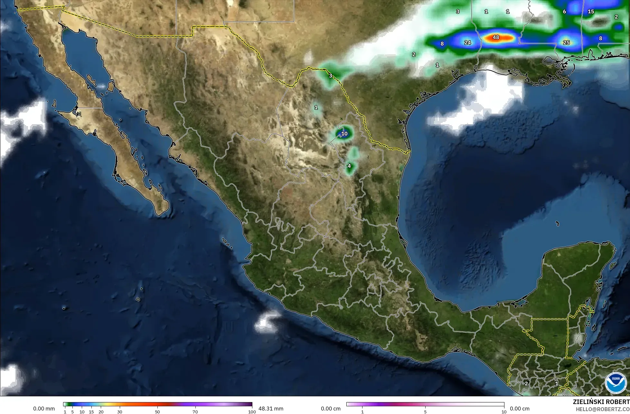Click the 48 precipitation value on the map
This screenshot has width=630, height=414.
496,38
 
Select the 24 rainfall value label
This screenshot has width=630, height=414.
467,42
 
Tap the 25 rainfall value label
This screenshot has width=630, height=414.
566,42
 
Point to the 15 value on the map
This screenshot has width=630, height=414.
591,12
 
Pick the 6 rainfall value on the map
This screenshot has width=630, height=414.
564,12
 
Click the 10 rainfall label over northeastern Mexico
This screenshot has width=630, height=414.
344,133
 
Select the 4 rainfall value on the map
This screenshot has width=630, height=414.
349,166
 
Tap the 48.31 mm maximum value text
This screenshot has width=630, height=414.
271,409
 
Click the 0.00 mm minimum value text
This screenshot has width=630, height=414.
44,409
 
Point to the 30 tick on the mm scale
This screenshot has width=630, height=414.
120,412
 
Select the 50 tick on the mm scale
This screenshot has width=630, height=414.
157,412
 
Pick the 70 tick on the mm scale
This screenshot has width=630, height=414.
195,412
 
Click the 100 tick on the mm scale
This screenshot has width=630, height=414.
252,412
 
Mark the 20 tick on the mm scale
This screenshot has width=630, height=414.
101,412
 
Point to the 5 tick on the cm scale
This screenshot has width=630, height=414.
425,412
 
